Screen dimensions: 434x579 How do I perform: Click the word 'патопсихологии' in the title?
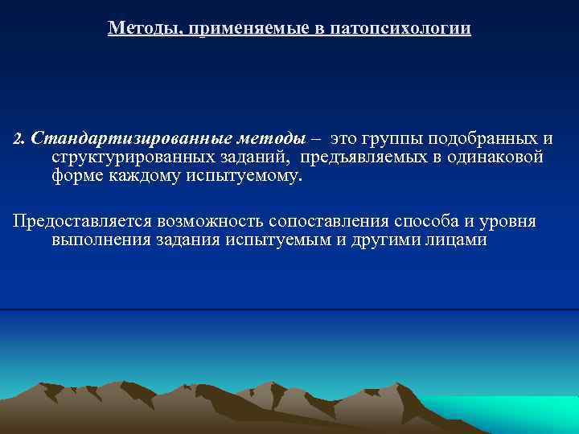[x=407, y=29]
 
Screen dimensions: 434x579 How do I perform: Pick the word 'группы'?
[x=396, y=138]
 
